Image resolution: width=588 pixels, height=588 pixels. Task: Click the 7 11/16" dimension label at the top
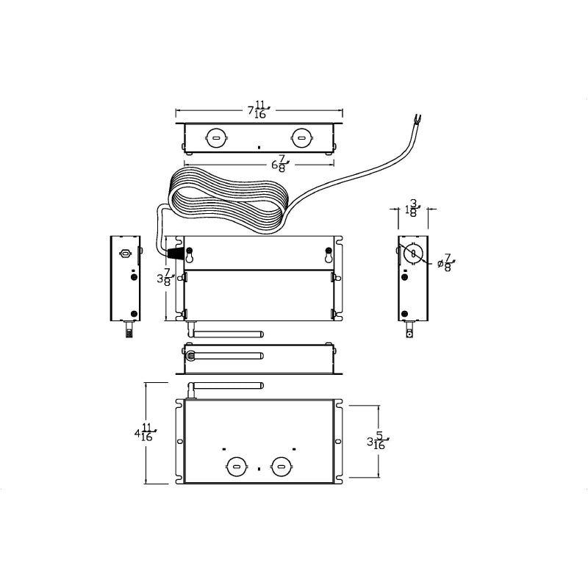click(259, 110)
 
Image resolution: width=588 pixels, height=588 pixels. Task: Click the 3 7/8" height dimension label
click(164, 277)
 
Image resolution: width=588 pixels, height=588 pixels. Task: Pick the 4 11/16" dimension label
click(146, 432)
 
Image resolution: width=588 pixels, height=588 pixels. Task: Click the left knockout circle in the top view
click(216, 138)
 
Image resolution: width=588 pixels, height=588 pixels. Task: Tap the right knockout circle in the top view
click(301, 138)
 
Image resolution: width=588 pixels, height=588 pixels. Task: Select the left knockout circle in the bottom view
click(237, 467)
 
